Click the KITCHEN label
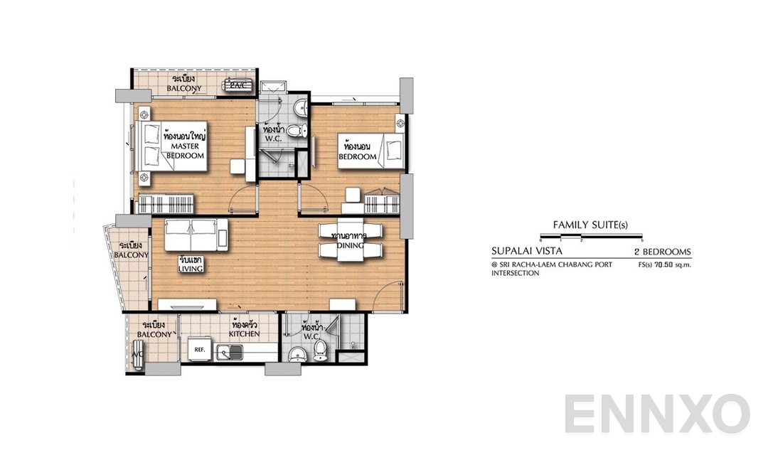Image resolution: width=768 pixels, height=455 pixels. [244, 333]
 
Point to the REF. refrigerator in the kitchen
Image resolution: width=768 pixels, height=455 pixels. [200, 349]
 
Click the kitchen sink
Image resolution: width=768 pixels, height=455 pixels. [230, 349]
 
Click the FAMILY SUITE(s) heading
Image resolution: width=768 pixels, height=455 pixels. [590, 225]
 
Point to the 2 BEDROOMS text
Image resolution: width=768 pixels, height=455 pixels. [662, 252]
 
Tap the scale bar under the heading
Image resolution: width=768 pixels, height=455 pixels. [590, 235]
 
